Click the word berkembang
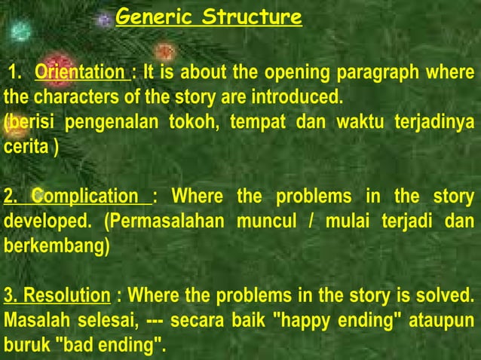54,246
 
